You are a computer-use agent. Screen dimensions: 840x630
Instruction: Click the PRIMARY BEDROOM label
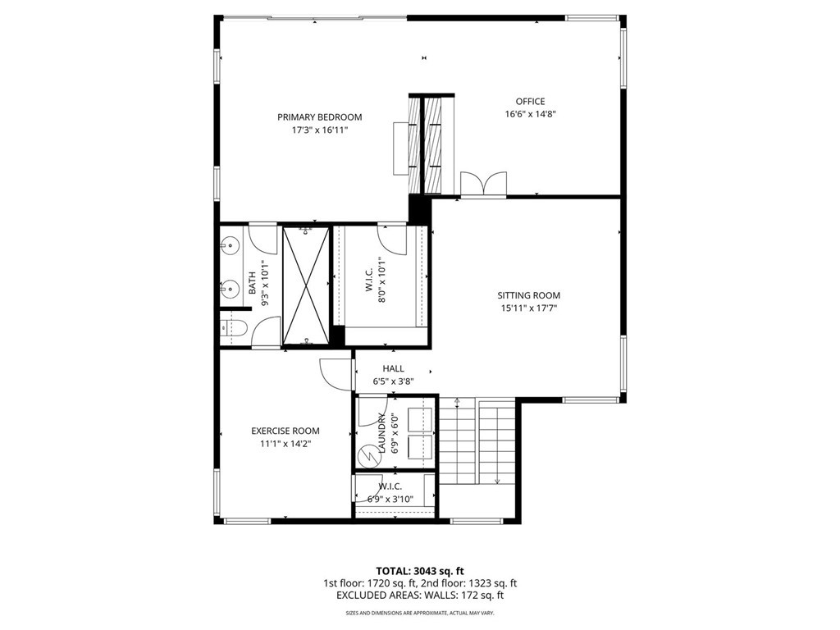click(319, 117)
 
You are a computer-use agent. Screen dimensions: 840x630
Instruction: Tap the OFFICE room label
click(531, 101)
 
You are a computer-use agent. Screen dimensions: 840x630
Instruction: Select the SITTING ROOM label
click(529, 295)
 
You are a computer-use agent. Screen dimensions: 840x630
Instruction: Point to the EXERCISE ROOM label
click(285, 431)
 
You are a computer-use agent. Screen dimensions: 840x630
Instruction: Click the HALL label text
click(393, 368)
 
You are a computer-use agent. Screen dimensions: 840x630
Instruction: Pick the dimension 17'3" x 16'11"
click(320, 130)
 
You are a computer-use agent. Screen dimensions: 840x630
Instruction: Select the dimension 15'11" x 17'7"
click(529, 308)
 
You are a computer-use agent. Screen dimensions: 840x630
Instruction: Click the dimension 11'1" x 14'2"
click(285, 444)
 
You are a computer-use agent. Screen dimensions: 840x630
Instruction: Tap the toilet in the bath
click(232, 328)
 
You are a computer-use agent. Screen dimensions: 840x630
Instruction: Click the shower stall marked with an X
click(306, 285)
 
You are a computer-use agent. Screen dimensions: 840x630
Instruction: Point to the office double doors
click(484, 184)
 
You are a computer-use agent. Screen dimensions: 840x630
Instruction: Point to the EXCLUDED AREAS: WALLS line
click(420, 596)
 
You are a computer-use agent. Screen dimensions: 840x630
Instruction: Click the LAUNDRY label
click(382, 433)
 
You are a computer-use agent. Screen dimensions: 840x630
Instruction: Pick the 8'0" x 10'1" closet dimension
click(382, 281)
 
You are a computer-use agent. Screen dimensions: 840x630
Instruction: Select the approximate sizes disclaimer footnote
click(420, 613)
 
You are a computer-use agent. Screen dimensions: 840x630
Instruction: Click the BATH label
click(252, 283)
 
